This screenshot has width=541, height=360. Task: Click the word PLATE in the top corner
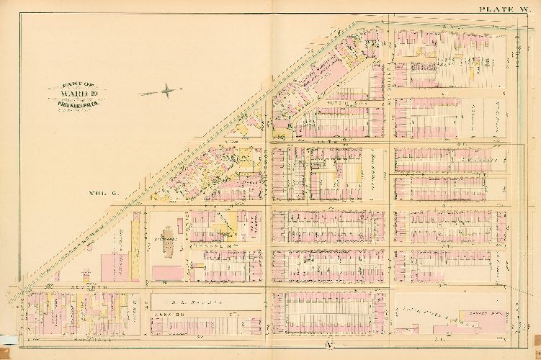[495, 9]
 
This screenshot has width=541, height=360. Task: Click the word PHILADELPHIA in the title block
[76, 102]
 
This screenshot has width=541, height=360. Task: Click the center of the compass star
[166, 91]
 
